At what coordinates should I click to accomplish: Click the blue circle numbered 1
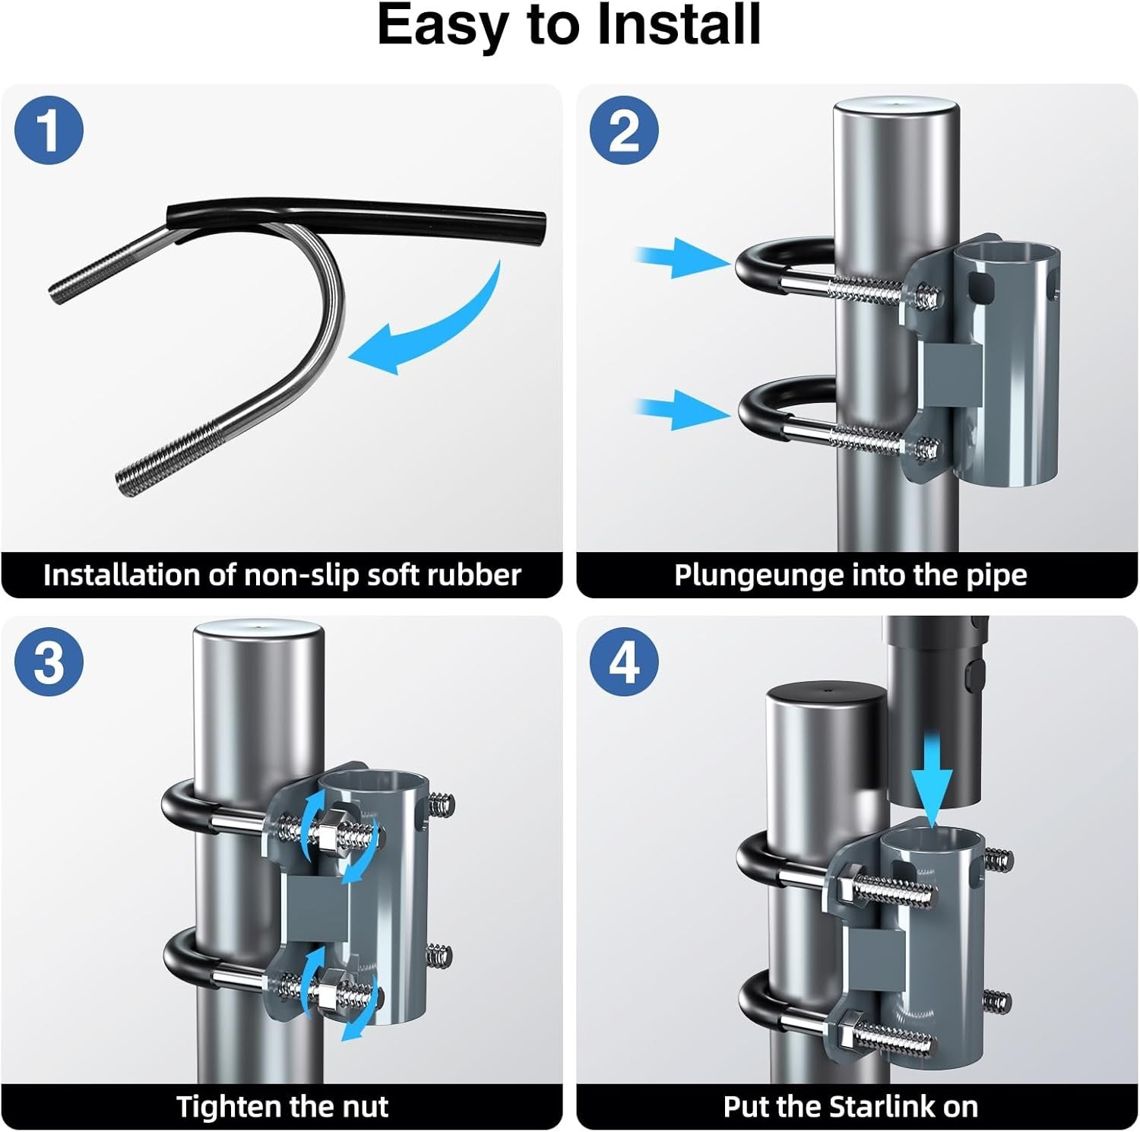49,130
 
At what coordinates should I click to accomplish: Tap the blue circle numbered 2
624,130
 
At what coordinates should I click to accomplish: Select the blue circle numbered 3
49,661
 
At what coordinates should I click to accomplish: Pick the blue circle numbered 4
624,661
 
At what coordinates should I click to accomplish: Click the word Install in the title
679,26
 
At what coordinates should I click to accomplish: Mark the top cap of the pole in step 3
258,633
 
